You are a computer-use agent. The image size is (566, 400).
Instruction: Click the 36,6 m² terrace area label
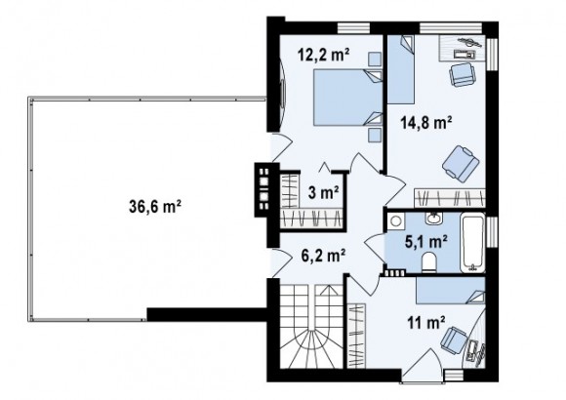click(x=155, y=207)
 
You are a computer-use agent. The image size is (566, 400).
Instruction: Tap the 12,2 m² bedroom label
click(x=324, y=56)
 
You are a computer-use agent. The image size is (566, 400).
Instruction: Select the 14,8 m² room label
click(x=426, y=123)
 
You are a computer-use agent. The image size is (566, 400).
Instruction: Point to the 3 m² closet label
click(x=323, y=192)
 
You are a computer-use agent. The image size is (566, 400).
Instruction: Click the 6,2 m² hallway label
click(x=323, y=256)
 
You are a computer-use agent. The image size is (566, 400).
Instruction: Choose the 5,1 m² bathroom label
click(x=426, y=241)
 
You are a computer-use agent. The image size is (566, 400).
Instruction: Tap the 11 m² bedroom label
click(x=425, y=322)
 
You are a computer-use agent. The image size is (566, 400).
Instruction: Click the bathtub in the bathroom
click(x=472, y=243)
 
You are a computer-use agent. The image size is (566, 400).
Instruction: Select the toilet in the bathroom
click(x=428, y=262)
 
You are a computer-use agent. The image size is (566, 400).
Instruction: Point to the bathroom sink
click(x=433, y=219)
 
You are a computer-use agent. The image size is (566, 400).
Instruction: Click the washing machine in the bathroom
click(x=395, y=220)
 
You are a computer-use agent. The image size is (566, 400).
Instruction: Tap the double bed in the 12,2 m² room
click(x=347, y=98)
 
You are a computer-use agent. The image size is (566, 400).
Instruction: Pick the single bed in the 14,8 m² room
click(x=401, y=69)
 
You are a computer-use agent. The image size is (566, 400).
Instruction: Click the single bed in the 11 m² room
click(x=450, y=291)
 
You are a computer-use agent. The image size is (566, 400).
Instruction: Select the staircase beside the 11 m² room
click(x=311, y=326)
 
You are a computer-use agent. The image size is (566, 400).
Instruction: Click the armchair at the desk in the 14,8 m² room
click(x=462, y=74)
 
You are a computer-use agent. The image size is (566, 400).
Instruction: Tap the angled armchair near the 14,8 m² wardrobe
click(x=461, y=163)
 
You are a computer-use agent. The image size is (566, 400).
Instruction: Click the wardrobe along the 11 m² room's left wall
click(x=356, y=336)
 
